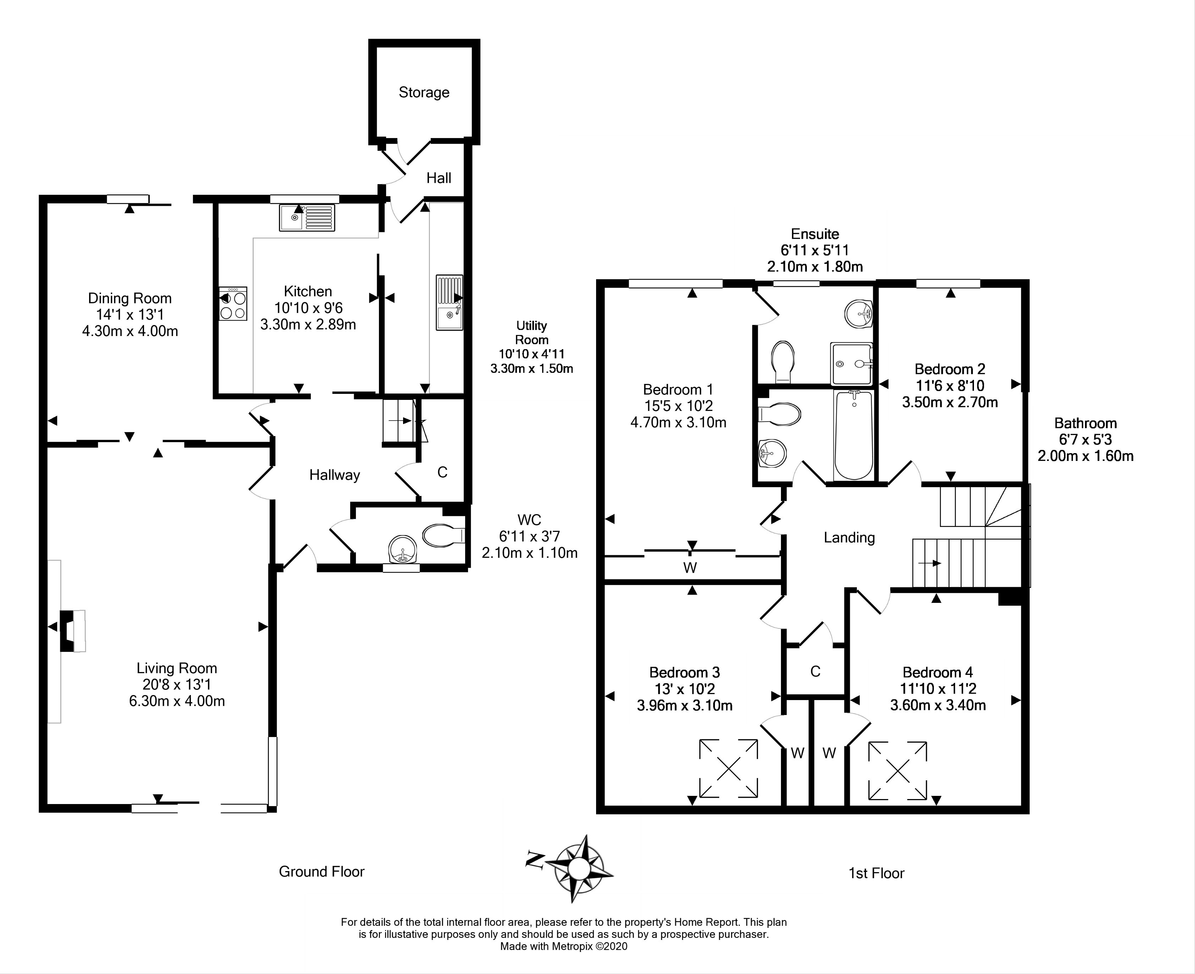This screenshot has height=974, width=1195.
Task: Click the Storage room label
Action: pyautogui.click(x=424, y=93)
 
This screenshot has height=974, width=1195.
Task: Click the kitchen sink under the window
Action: pyautogui.click(x=307, y=218)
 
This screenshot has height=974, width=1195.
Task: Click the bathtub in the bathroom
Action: pyautogui.click(x=853, y=435)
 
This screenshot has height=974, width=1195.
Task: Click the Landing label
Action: pyautogui.click(x=849, y=538)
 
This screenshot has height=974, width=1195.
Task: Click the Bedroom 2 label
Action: pyautogui.click(x=949, y=369)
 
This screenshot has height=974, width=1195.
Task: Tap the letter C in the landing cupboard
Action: pyautogui.click(x=815, y=672)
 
